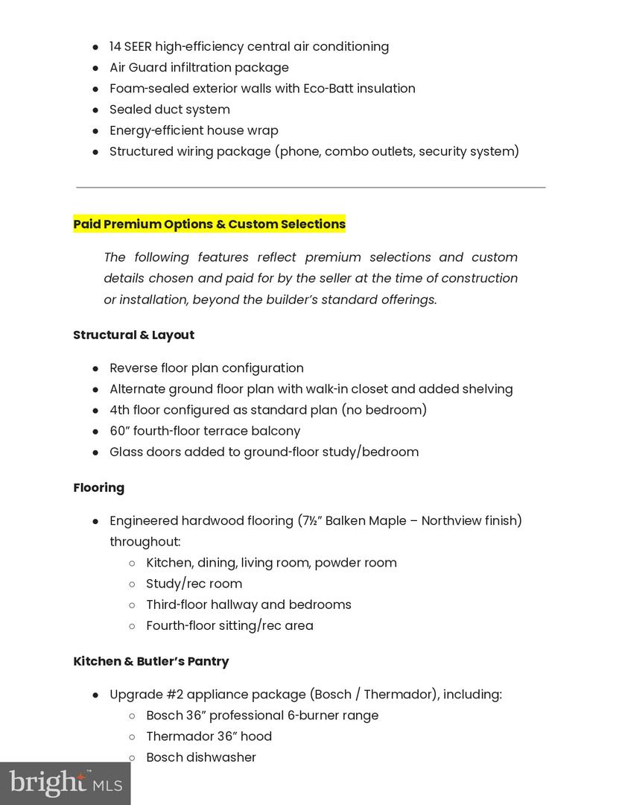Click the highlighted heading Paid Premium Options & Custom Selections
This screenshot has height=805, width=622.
(x=209, y=224)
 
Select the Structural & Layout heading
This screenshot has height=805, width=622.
(x=133, y=335)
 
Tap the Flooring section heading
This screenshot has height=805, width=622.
(x=98, y=488)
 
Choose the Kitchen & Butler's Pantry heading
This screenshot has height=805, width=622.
(x=150, y=662)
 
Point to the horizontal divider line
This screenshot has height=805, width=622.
(x=311, y=187)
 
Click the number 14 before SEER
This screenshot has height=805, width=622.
(x=115, y=47)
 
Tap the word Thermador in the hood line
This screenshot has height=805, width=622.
(x=180, y=736)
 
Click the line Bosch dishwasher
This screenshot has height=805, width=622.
(x=201, y=757)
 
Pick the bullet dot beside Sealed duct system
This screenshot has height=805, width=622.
(x=96, y=110)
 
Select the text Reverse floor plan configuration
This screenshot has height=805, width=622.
(x=206, y=368)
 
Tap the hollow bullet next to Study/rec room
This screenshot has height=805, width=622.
(x=132, y=584)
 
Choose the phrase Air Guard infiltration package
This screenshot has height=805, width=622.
(x=199, y=68)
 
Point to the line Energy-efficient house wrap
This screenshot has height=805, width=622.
(x=194, y=130)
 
